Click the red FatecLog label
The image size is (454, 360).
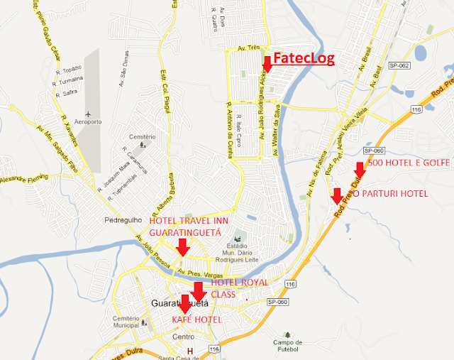[303, 58]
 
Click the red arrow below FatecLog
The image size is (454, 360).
[267, 65]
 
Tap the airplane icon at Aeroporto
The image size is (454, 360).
[87, 114]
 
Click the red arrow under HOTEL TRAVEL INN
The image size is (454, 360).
[182, 246]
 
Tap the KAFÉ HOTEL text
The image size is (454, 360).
[197, 320]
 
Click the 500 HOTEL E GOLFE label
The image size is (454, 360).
[409, 164]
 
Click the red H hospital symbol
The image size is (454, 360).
[189, 351]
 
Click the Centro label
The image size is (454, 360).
[182, 337]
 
